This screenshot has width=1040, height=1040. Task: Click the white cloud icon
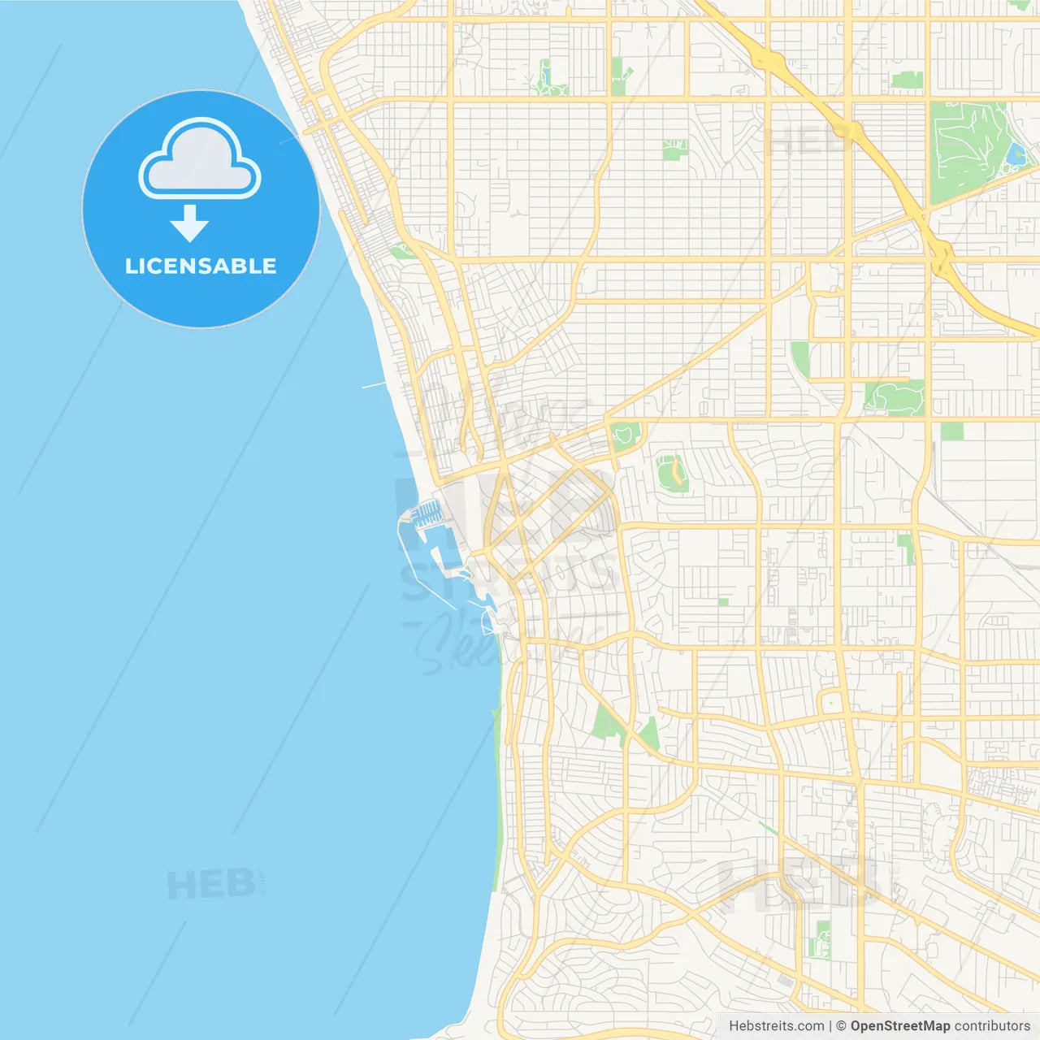200,159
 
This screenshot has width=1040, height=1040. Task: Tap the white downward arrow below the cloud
189,223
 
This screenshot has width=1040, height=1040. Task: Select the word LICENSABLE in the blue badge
201,266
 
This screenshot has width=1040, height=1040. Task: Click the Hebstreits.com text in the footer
776,1026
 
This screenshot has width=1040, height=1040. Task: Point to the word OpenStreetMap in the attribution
899,1026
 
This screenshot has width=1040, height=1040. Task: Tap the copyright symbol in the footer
841,1026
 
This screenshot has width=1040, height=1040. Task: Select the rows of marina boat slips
427,513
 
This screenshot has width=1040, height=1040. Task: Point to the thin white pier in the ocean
374,384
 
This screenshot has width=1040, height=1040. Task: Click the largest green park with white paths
971,150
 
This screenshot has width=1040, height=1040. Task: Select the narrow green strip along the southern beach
496,796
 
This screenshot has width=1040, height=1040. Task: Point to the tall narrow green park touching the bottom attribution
822,939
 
